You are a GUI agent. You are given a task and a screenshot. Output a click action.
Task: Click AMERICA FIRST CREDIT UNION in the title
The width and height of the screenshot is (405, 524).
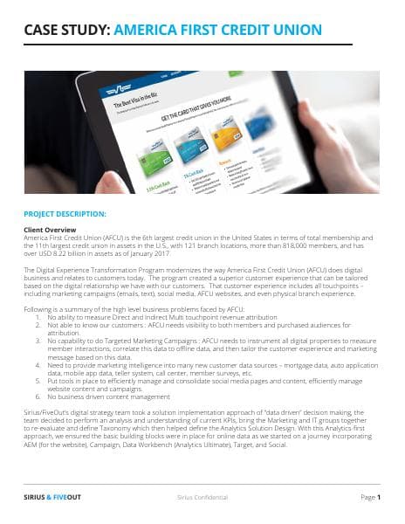coord(218,31)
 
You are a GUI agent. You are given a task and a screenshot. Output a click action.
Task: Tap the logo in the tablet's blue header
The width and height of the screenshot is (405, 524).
coord(114,90)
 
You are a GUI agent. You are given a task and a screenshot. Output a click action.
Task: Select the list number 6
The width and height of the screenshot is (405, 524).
coord(38,388)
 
